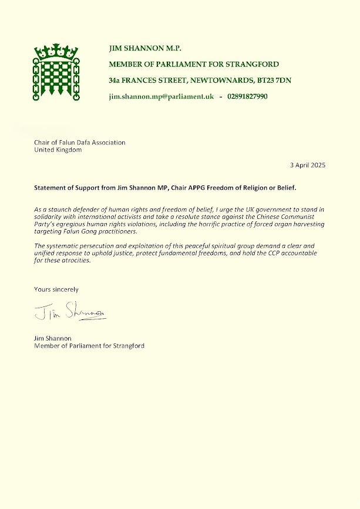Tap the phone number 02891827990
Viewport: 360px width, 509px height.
click(x=247, y=96)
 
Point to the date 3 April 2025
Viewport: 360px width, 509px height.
click(x=307, y=166)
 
